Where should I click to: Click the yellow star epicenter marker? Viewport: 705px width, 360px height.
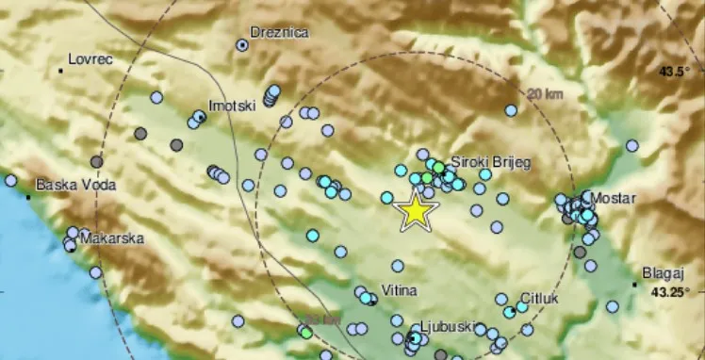tap(415, 211)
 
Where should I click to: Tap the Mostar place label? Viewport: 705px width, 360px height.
tap(615, 198)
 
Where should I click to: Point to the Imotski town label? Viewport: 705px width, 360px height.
tap(232, 106)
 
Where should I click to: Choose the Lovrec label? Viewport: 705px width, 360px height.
tap(91, 59)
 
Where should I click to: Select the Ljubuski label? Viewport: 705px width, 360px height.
tap(445, 325)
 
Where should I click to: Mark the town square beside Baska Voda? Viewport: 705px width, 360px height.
tap(30, 197)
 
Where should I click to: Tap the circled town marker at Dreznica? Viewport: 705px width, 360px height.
tap(242, 44)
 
